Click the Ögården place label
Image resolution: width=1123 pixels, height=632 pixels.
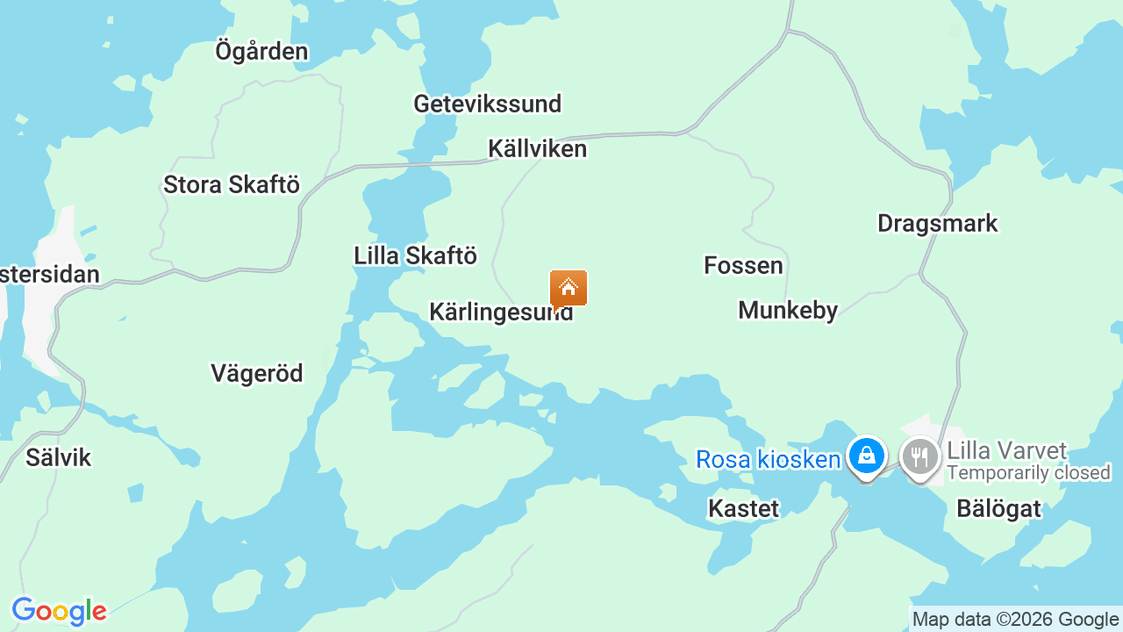coord(261,51)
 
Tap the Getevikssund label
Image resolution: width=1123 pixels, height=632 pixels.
coord(487,104)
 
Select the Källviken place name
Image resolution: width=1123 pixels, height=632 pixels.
coord(537,148)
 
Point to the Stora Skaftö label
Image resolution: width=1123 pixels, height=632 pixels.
coord(232,185)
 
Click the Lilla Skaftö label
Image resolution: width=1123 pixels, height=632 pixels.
coord(415,255)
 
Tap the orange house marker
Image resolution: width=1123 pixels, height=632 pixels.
coord(569,288)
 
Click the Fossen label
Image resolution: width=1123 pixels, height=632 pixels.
coord(743,265)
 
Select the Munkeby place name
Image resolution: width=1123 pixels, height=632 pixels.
coord(788,310)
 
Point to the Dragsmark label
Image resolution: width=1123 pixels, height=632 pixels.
coord(937,223)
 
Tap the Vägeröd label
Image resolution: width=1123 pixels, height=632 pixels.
coord(257,373)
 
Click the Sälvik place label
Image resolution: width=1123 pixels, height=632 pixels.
coord(58,457)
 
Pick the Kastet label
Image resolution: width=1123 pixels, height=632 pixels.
coord(743,508)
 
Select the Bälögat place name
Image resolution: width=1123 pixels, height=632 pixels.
coord(998,508)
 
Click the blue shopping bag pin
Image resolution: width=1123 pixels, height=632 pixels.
coord(867,456)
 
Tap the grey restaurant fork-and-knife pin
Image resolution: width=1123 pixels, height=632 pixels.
coord(919,456)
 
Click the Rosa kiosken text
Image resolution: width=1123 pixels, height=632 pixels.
coord(768,459)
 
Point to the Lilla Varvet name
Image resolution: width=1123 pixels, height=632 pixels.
coord(1006,451)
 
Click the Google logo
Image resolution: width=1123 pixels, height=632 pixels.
coord(59,611)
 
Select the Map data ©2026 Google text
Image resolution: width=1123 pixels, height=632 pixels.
coord(1015,620)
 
